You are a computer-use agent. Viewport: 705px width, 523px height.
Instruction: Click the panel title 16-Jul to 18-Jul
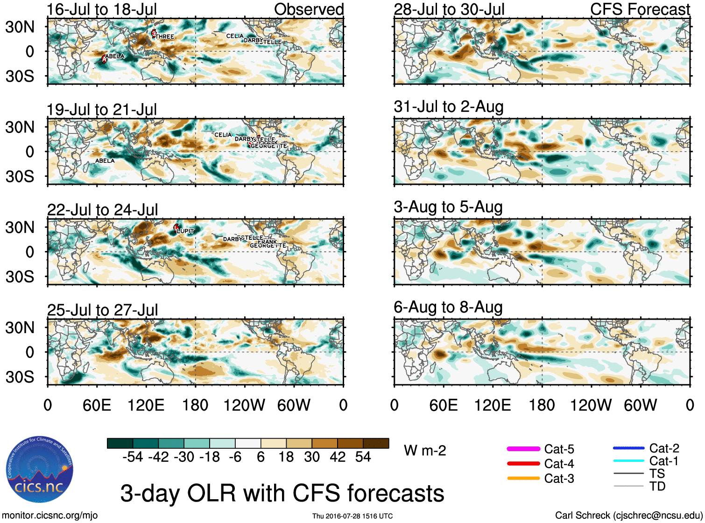coord(102,9)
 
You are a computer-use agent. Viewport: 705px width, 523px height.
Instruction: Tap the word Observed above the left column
coord(309,9)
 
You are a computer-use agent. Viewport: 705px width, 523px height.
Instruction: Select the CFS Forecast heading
coord(640,9)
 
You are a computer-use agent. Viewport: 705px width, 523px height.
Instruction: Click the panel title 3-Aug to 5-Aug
coord(448,207)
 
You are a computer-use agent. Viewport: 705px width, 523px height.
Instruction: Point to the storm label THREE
coord(164,36)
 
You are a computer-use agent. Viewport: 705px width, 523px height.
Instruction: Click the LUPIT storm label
coord(185,231)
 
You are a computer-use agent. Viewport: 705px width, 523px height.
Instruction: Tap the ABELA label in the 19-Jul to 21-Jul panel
coord(105,161)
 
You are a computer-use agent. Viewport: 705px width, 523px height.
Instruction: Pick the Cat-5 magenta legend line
coord(523,449)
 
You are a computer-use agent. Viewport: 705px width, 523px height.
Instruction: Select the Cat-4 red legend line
coord(523,464)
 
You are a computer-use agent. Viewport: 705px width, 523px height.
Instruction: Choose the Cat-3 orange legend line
coord(523,478)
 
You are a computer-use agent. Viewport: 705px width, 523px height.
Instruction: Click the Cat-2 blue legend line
coord(628,448)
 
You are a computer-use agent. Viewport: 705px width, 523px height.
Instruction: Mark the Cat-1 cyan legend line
coord(628,461)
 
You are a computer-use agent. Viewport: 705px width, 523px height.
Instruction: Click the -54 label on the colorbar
coord(133,457)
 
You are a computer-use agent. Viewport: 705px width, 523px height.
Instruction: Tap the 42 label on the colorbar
coord(338,457)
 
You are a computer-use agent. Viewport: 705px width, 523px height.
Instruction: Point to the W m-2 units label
coord(425,451)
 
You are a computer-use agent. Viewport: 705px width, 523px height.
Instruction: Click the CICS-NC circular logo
coord(40,470)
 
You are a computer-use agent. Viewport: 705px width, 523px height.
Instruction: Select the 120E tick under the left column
coord(146,405)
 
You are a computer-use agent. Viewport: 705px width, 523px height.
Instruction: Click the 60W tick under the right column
coord(640,405)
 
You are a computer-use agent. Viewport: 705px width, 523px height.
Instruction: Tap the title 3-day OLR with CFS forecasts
coord(282,493)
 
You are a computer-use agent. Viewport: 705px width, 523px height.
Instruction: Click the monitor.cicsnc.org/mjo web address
coord(50,516)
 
